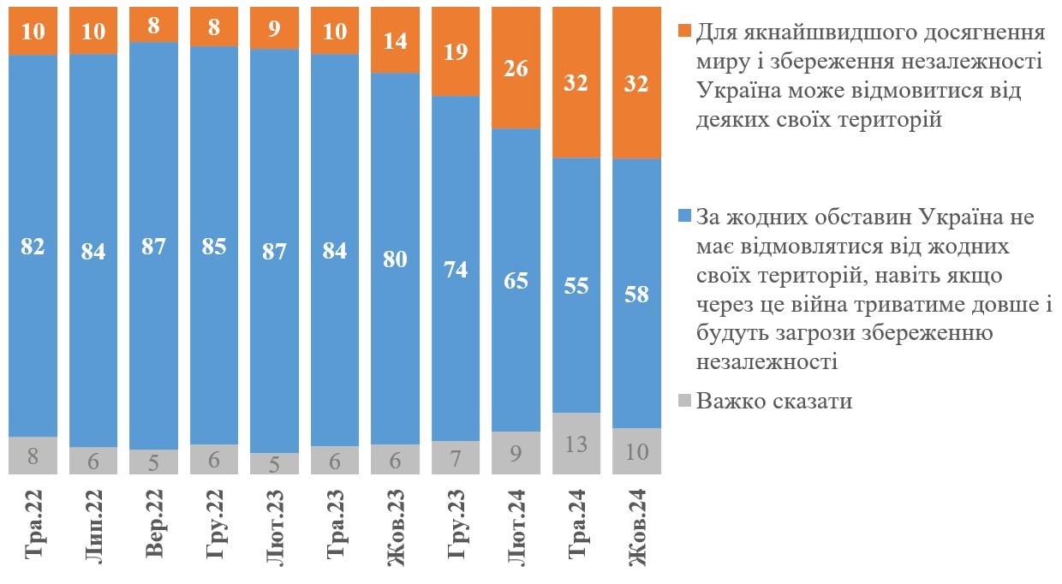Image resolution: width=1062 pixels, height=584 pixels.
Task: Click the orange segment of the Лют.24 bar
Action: [x=516, y=68]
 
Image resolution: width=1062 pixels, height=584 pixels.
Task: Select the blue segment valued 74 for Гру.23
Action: [x=456, y=267]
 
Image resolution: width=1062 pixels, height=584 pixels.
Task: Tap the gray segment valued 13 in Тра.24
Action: [x=576, y=444]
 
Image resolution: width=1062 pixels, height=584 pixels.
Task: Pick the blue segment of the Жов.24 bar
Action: [x=637, y=293]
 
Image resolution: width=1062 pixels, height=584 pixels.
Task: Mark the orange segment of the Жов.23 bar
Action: [x=395, y=40]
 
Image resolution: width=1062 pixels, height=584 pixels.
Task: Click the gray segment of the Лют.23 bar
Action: [x=274, y=463]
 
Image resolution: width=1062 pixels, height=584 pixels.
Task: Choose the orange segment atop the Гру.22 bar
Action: [x=214, y=27]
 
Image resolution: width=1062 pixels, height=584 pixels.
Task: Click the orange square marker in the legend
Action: [x=683, y=32]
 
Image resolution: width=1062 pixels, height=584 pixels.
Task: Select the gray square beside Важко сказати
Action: [x=683, y=401]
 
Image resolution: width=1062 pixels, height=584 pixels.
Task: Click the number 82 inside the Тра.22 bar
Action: [x=33, y=247]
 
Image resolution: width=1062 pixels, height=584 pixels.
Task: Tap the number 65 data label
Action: [x=516, y=280]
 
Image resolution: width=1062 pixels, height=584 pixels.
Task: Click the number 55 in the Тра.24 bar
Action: [x=576, y=285]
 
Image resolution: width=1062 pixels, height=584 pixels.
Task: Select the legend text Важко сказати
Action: [x=774, y=401]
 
